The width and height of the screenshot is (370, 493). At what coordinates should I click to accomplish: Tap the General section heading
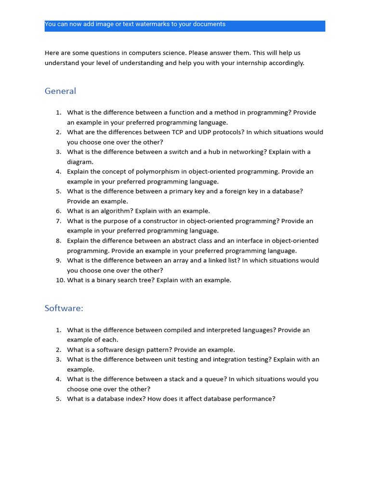[60, 91]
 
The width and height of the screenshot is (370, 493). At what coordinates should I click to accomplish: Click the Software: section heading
[64, 308]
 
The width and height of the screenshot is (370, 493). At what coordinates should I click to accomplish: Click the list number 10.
[60, 280]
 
